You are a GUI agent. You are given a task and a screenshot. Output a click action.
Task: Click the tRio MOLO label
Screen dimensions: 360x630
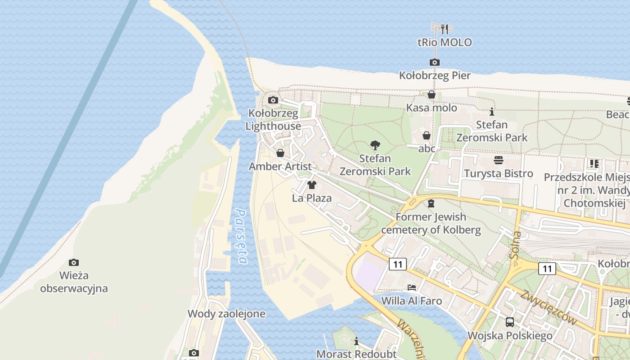[x=445, y=43]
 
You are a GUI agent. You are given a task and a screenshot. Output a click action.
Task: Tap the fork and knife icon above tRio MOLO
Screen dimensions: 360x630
[x=445, y=29]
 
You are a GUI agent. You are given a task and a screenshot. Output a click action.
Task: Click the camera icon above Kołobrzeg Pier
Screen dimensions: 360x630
[x=434, y=63]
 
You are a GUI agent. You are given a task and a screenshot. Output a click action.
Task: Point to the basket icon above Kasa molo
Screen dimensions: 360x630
[x=431, y=94]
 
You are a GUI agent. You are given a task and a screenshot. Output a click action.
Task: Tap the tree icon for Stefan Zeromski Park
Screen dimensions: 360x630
[x=375, y=145]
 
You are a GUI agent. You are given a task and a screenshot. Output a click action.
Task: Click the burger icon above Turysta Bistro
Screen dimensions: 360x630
[x=498, y=160]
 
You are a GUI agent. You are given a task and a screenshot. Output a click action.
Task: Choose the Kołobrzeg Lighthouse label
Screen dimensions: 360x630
[x=273, y=120]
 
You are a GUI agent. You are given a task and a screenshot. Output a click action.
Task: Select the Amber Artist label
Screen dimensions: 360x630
[x=280, y=166]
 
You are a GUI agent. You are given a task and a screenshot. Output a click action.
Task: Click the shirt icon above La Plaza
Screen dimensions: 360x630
[x=311, y=184]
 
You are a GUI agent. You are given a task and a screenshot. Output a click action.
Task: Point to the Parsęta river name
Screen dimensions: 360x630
[x=242, y=236]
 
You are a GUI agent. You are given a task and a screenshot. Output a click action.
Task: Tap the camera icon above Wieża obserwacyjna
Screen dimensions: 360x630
[x=74, y=262]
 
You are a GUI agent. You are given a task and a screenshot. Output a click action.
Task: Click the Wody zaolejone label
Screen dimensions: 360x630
[x=226, y=314]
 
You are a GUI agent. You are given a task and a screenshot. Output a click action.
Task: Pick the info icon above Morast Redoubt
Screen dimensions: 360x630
[x=356, y=341]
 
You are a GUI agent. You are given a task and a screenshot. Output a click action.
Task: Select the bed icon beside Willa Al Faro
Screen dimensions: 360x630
[x=412, y=287]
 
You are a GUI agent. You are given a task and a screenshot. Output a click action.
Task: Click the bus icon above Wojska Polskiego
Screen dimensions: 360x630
[x=509, y=322]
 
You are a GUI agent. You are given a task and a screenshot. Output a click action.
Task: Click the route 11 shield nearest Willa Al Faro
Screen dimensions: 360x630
[x=398, y=264]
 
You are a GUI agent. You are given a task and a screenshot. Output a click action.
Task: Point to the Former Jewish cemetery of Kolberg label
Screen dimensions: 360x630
[x=431, y=224]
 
